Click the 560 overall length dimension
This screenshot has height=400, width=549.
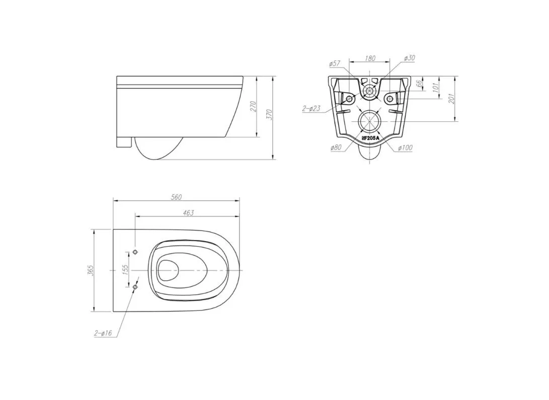pos(176,197)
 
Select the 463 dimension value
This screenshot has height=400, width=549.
pos(188,213)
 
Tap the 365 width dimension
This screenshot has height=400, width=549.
pos(91,271)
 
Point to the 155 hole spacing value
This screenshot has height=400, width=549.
pos(126,268)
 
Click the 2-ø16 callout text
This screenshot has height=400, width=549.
pos(103,333)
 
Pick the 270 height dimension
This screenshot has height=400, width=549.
pos(254,106)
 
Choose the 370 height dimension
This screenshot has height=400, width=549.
pos(269,114)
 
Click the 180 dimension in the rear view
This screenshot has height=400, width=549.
pos(370,58)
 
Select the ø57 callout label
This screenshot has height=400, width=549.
pos(335,64)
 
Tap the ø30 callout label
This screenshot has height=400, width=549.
pos(409,58)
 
